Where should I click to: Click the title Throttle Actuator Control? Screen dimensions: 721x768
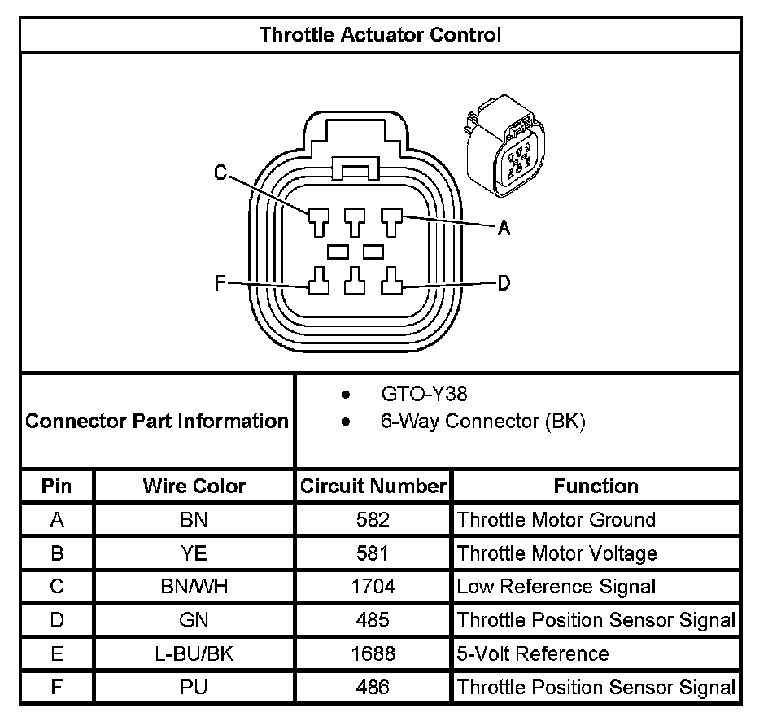[380, 35]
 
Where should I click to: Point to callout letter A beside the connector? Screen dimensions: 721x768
[504, 229]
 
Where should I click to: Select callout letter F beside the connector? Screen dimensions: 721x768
[219, 283]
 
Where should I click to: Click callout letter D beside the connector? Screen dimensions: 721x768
[504, 283]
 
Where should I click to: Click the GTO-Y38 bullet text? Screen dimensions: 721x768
[424, 395]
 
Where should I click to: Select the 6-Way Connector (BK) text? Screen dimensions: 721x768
[482, 422]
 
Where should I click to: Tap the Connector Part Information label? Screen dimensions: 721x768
[157, 422]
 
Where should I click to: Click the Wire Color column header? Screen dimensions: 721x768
[194, 487]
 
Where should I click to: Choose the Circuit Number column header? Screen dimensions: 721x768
[373, 487]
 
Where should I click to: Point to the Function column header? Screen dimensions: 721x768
[596, 487]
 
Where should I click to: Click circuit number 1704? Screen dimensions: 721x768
[373, 587]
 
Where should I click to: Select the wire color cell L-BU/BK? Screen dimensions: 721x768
[194, 653]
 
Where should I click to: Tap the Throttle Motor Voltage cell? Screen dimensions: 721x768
[556, 553]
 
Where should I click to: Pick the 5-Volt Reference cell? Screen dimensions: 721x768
[532, 653]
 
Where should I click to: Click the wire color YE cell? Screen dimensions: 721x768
[194, 553]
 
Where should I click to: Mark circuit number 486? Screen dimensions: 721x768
[373, 687]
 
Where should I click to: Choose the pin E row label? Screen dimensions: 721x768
[57, 653]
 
